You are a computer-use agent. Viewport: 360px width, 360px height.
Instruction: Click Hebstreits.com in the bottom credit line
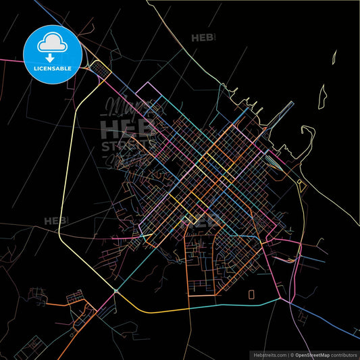pyautogui.click(x=269, y=354)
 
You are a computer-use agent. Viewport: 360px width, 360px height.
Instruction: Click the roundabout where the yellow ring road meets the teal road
pyautogui.click(x=116, y=291)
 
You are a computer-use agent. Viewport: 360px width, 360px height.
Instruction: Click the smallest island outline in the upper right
pyautogui.click(x=334, y=58)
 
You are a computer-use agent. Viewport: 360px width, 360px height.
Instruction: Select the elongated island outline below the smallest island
pyautogui.click(x=322, y=98)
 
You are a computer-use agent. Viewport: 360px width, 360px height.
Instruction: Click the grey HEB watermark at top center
pyautogui.click(x=203, y=38)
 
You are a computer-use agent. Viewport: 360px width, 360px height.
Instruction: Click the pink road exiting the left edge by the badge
pyautogui.click(x=10, y=60)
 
